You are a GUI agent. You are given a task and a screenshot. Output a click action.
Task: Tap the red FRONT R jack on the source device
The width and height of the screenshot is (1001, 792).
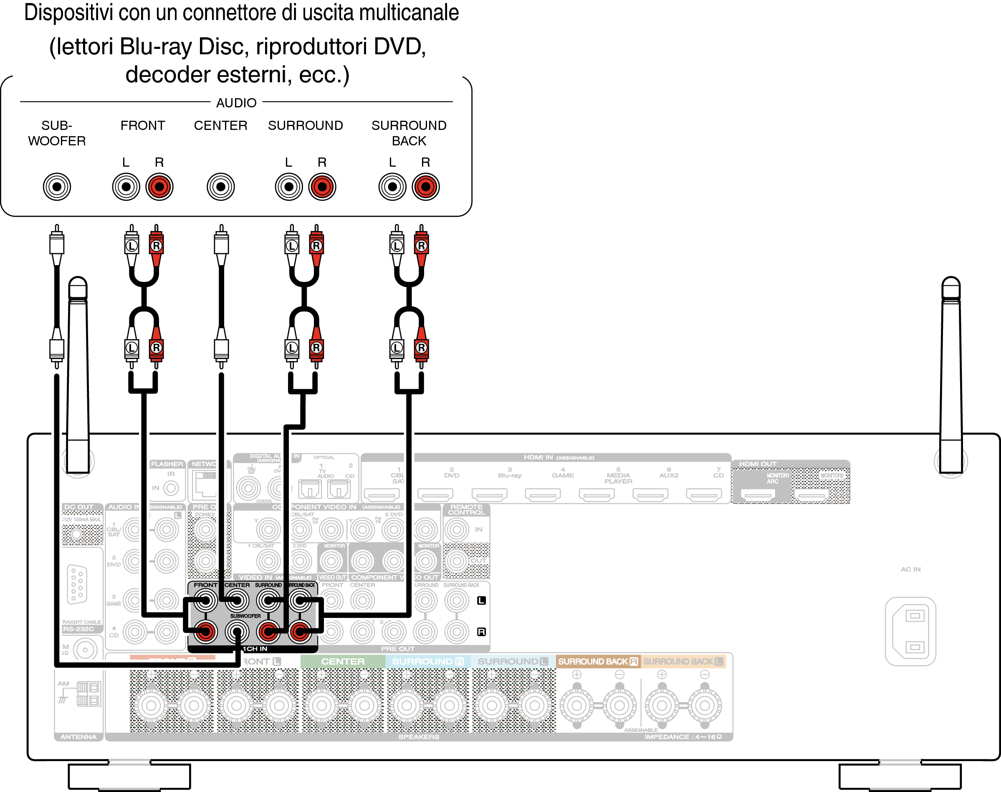[159, 187]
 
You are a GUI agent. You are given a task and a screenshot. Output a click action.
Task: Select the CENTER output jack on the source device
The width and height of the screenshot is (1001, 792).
[220, 187]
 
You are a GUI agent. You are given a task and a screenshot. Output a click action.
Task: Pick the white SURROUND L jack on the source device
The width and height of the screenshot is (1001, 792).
[289, 187]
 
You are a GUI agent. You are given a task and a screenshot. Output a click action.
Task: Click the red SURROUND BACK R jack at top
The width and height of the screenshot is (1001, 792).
[425, 187]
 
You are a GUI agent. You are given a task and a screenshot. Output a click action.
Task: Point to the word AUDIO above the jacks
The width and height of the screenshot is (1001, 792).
[236, 102]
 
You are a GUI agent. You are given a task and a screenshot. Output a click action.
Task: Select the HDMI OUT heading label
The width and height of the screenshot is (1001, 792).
[757, 464]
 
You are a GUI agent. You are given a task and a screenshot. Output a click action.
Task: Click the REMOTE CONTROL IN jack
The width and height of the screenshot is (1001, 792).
[457, 530]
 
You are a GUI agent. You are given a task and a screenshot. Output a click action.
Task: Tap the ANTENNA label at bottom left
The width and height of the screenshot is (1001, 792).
[78, 737]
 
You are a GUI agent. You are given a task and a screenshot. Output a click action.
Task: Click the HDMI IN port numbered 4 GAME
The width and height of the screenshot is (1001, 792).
[543, 495]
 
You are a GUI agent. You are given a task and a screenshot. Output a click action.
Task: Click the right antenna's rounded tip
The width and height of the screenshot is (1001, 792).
[951, 284]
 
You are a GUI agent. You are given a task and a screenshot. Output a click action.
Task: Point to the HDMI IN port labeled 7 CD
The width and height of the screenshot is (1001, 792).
[703, 495]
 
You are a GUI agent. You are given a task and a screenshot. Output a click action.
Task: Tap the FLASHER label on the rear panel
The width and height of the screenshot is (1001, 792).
[167, 464]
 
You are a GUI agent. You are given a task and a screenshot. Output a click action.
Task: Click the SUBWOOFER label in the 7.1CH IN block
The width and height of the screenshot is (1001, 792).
[245, 616]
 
